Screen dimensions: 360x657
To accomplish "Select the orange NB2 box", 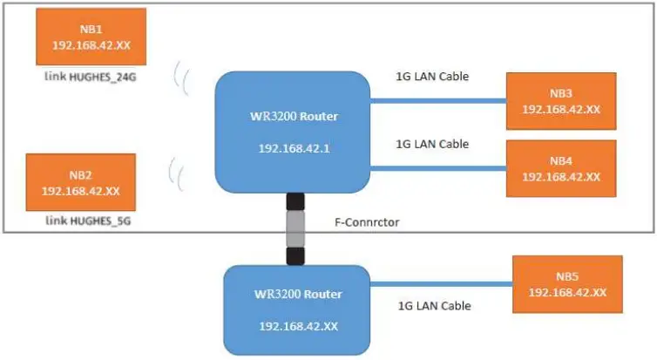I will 80,181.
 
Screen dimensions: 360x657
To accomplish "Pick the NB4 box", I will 561,168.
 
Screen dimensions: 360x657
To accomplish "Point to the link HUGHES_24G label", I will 91,78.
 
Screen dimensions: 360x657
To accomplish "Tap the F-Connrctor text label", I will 373,223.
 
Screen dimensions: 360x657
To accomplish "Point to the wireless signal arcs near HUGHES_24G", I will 182,78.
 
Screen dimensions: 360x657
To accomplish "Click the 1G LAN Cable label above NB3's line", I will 432,77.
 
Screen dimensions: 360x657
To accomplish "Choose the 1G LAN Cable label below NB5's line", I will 434,306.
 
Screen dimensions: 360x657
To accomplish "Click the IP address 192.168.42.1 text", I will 293,148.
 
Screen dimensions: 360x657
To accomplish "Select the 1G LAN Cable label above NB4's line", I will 432,144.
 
